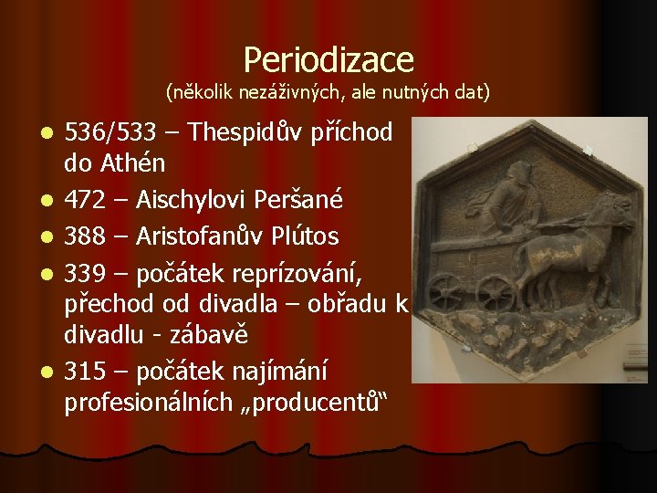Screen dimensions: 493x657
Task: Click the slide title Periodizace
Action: tap(328, 59)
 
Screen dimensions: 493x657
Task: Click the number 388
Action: tap(83, 236)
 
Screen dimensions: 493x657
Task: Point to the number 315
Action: tap(83, 372)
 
